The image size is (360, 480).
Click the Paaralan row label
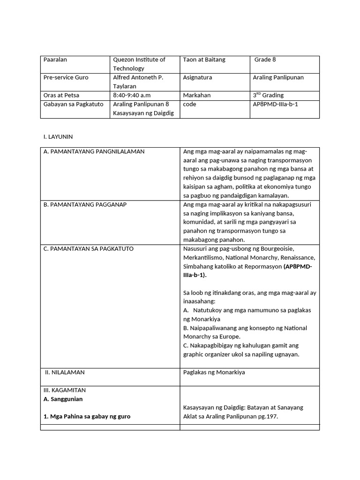pos(55,60)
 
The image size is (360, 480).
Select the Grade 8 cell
pos(265,60)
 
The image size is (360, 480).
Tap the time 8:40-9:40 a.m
pos(132,95)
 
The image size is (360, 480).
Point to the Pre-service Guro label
pos(66,77)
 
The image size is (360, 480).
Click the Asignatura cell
pos(197,77)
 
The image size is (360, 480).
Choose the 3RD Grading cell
pos(268,95)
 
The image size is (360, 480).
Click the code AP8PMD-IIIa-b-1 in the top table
pos(275,104)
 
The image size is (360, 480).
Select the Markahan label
pos(197,95)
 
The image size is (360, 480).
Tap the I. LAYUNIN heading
pos(58,136)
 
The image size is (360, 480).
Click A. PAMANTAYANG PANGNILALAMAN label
pos(94,151)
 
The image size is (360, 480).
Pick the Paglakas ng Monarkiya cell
pos(214,372)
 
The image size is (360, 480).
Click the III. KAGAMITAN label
pos(64,390)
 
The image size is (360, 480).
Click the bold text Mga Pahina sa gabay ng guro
pos(87,416)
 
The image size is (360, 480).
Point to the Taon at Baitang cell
pos(204,60)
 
